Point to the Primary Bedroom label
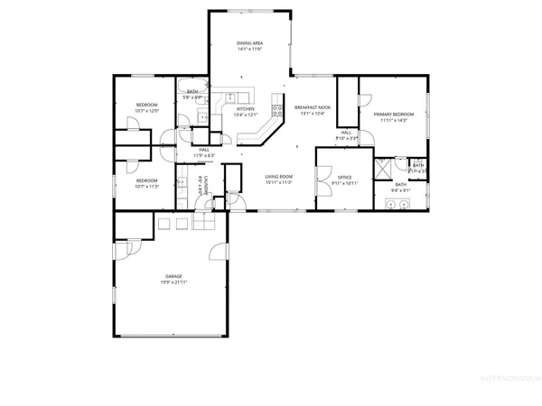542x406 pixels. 396,115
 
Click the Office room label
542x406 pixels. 344,180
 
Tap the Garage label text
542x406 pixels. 174,279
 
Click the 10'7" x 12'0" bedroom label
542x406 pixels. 147,107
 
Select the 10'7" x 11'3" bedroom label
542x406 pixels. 147,183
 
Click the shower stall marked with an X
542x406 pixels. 382,165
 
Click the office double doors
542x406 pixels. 326,155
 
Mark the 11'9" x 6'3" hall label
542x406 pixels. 204,152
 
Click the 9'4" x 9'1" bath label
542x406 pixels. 400,187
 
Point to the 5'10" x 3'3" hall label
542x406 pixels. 347,136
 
